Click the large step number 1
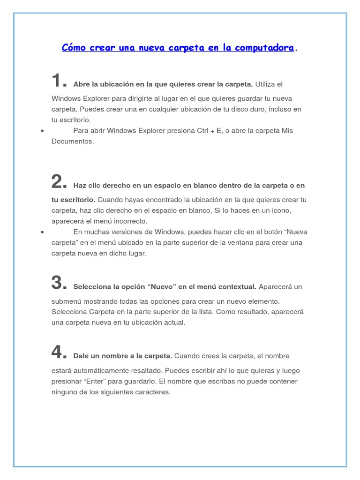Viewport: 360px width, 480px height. click(x=57, y=81)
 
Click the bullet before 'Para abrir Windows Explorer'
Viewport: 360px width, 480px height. click(x=42, y=131)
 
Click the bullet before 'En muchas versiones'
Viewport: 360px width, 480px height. click(x=42, y=232)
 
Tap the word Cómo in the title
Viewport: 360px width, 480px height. click(x=74, y=48)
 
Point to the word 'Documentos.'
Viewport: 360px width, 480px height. click(x=73, y=141)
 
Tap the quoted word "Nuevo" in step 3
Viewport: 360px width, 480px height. click(x=161, y=286)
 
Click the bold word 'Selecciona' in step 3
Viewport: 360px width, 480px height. click(x=91, y=286)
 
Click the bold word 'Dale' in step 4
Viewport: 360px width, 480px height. click(x=82, y=356)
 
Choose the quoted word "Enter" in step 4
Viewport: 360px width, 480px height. click(x=98, y=381)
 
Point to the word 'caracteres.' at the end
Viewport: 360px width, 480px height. click(x=151, y=392)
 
